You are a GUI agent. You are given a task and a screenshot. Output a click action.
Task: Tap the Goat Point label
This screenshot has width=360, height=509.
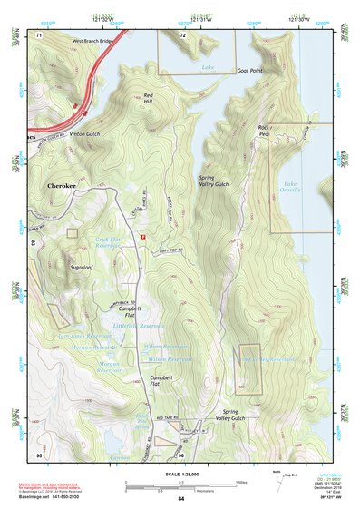(250, 70)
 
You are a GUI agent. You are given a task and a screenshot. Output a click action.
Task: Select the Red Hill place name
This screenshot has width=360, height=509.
(148, 98)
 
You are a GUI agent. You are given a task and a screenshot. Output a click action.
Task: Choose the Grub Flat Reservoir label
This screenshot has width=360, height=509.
(108, 245)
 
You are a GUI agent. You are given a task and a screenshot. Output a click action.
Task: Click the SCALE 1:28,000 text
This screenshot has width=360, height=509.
(180, 475)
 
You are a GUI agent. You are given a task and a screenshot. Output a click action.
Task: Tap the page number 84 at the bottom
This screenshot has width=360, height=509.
(180, 499)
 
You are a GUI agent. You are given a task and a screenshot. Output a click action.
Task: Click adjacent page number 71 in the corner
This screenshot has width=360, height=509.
(39, 34)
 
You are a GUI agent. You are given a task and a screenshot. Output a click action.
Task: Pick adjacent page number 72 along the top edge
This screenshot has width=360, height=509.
(182, 34)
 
